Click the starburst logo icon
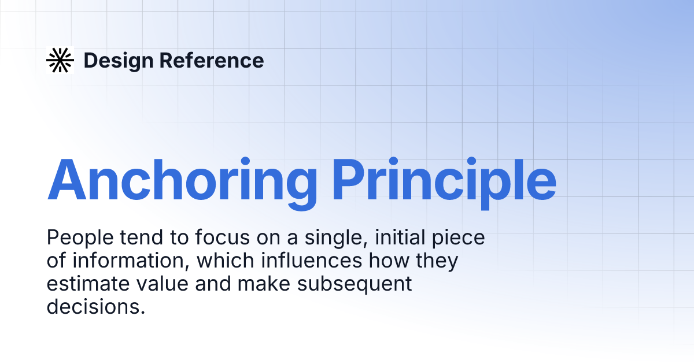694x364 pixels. coord(60,60)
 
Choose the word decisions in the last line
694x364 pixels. coord(95,307)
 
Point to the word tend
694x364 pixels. coord(141,237)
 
